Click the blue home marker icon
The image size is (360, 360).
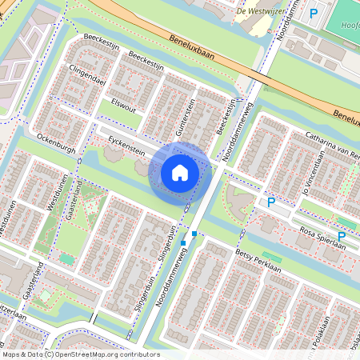pyautogui.click(x=180, y=173)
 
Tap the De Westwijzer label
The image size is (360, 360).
pyautogui.click(x=262, y=11)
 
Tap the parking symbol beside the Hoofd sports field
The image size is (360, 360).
pyautogui.click(x=314, y=13)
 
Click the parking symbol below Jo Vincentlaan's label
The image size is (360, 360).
pyautogui.click(x=272, y=203)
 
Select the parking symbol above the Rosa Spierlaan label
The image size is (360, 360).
pyautogui.click(x=342, y=236)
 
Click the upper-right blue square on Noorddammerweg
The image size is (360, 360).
pyautogui.click(x=194, y=234)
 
